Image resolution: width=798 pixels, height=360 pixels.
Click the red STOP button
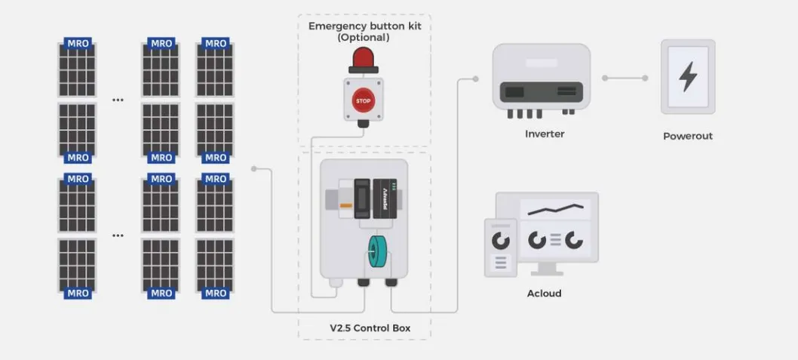(364, 100)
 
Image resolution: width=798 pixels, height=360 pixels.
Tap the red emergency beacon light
(364, 58)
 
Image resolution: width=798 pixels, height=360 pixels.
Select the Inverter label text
(545, 134)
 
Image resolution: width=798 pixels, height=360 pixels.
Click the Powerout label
(687, 137)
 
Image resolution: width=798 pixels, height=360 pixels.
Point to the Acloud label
(544, 294)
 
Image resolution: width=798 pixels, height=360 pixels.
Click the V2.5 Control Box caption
(364, 329)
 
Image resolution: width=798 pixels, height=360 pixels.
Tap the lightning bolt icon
(687, 77)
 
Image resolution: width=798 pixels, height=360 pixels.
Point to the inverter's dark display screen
(514, 92)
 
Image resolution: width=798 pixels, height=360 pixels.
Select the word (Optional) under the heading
(364, 38)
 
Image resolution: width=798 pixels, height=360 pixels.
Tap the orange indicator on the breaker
(345, 205)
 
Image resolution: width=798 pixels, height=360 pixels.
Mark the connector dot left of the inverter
(475, 78)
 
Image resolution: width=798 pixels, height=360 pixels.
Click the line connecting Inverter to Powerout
(625, 78)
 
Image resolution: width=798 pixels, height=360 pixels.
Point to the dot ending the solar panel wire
(254, 169)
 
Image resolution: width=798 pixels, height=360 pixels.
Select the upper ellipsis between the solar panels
(118, 100)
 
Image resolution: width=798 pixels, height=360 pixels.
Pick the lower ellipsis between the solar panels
(118, 235)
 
